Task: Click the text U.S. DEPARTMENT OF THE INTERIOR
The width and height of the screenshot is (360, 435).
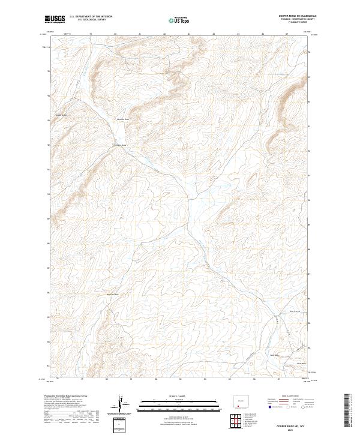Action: tap(91, 16)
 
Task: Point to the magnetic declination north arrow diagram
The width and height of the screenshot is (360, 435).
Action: tap(125, 404)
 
